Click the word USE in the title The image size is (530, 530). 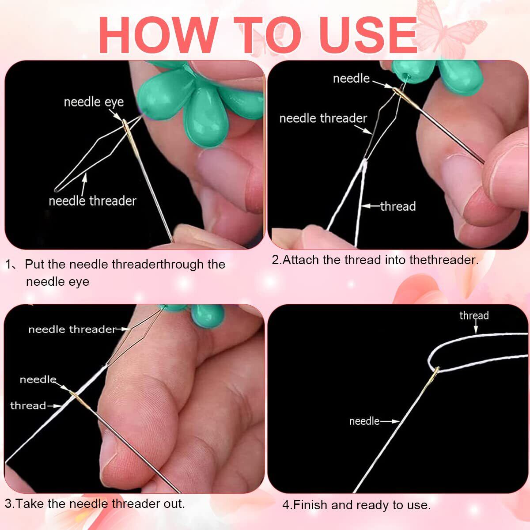[368, 35]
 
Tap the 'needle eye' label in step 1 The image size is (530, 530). [94, 102]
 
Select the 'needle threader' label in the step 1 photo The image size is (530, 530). [92, 201]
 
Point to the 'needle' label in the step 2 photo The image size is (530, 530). [351, 79]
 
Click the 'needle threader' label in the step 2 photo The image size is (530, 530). [323, 118]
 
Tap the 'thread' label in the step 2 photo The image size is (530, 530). [398, 206]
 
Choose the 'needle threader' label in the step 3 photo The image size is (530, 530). [72, 329]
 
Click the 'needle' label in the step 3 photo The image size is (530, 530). [38, 379]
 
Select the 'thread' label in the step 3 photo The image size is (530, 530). [28, 405]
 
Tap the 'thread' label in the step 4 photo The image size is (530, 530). [474, 315]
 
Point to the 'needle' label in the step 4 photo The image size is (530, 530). [364, 421]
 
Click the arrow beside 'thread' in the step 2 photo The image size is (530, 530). [371, 206]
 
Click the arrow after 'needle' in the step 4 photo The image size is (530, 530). [390, 421]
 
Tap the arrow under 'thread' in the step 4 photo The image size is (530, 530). [476, 327]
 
